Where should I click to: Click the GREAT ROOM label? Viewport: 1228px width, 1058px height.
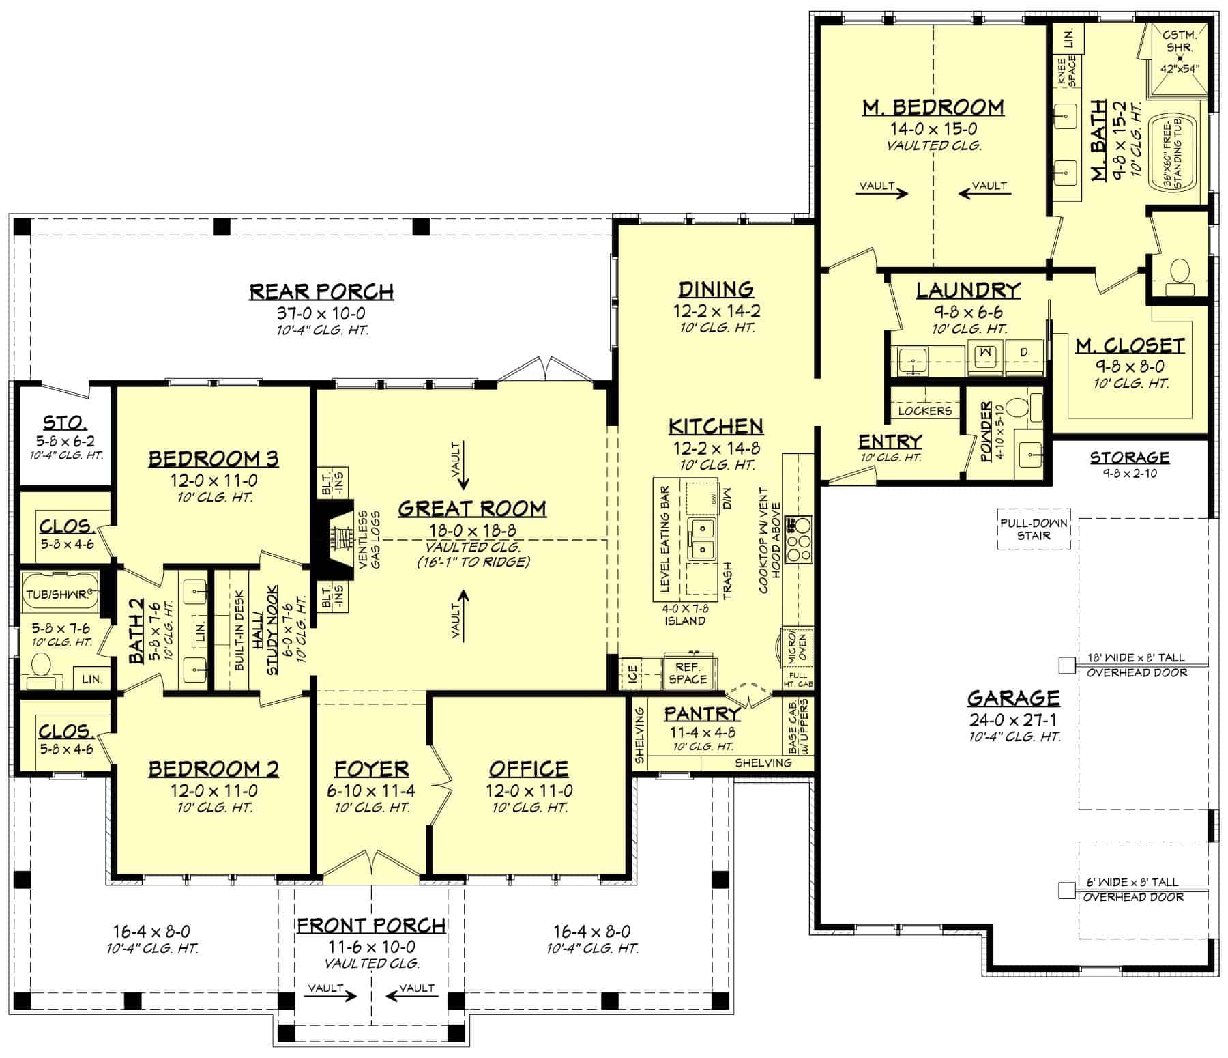[x=471, y=508]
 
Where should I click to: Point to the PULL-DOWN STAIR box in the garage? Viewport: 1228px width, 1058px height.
[x=1034, y=529]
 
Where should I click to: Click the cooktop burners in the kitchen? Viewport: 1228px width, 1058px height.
[x=798, y=539]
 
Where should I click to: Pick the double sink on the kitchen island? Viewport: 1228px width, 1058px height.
[x=701, y=539]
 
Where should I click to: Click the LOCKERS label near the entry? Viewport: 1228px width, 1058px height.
[x=924, y=410]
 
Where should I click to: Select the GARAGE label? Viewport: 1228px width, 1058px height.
[x=1013, y=698]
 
